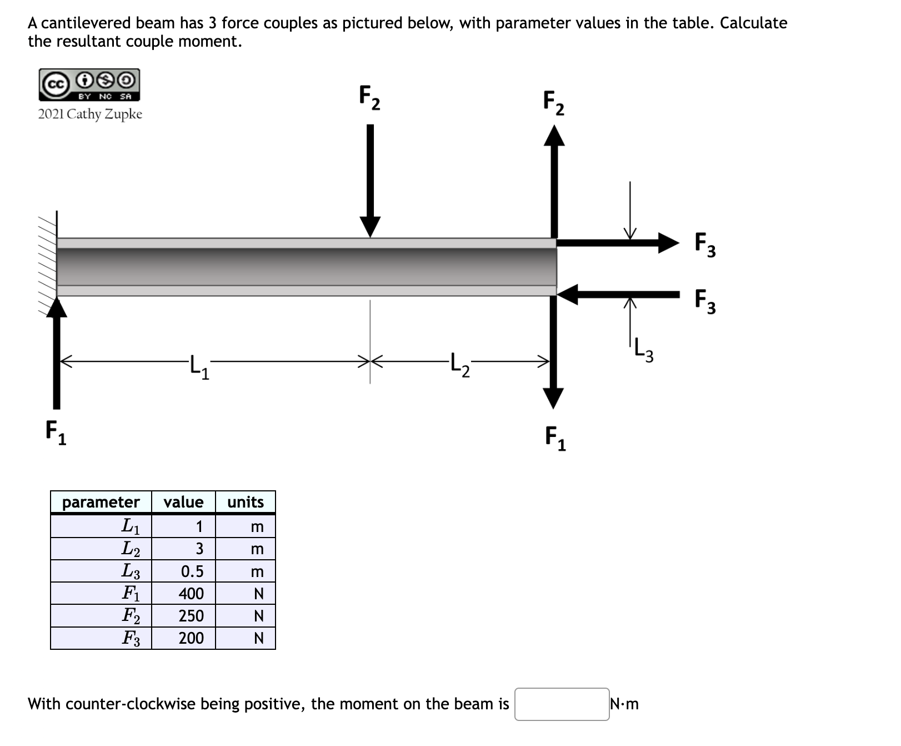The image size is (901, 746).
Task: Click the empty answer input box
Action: (561, 704)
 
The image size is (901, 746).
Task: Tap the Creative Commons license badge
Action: (89, 85)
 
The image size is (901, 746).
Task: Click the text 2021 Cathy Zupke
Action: (90, 115)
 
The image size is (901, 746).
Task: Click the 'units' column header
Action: (246, 503)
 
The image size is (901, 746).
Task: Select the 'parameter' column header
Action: (101, 503)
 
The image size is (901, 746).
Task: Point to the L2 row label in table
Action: (131, 549)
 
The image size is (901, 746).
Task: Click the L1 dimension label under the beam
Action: (199, 367)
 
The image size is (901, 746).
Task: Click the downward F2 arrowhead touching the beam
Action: (370, 227)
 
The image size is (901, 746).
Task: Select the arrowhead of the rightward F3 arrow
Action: (668, 242)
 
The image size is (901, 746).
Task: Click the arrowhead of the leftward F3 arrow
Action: (568, 294)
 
